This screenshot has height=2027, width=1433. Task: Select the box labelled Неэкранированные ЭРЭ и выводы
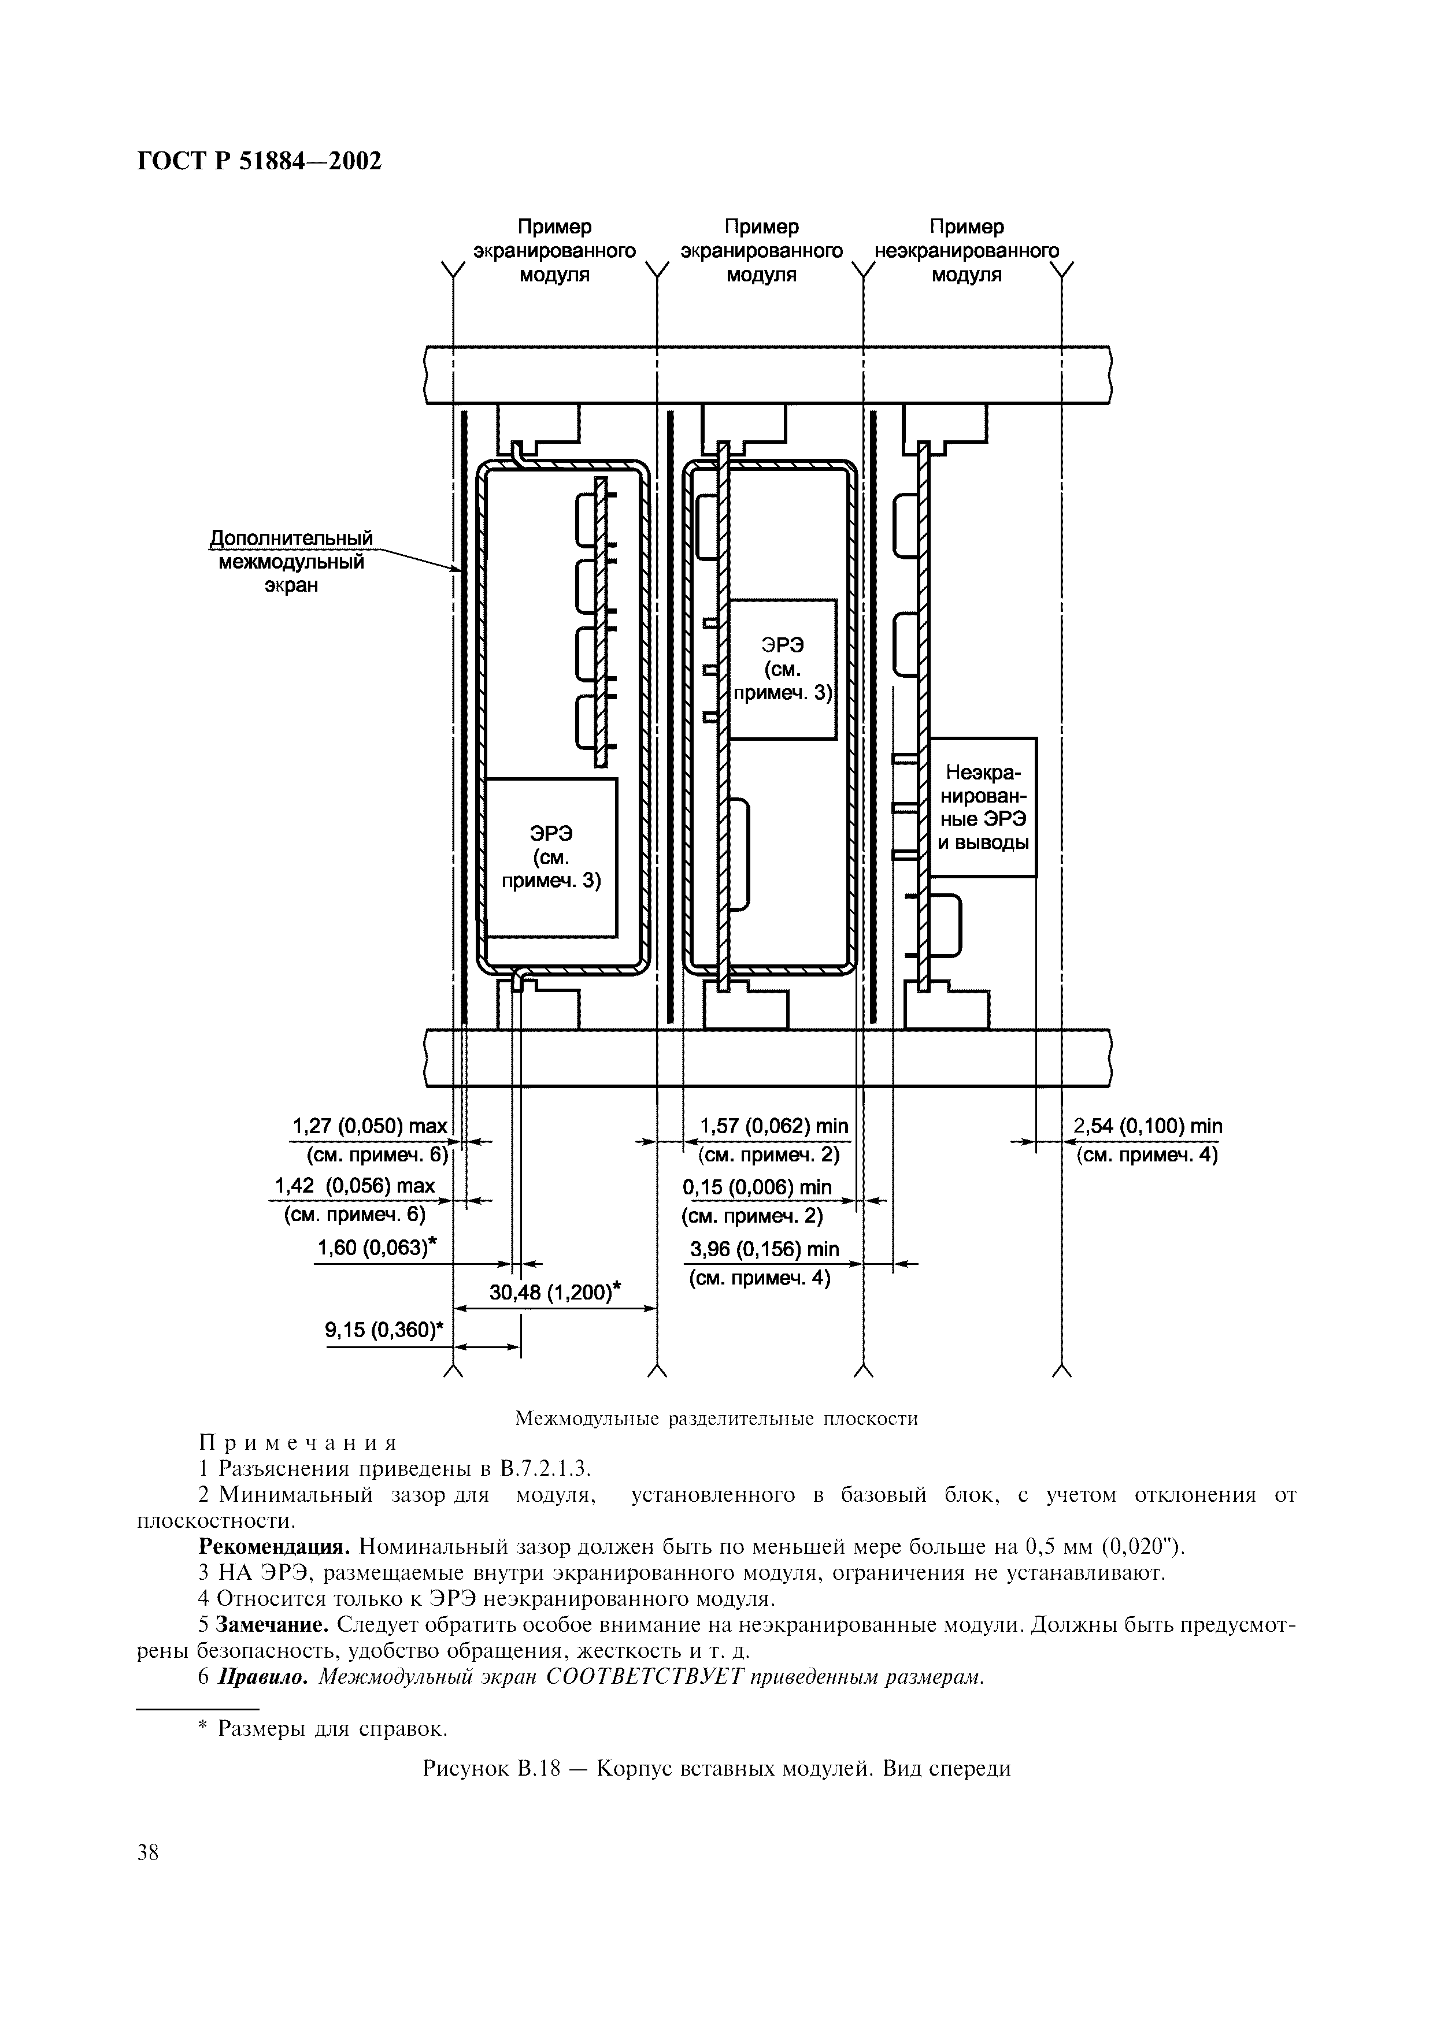pos(983,807)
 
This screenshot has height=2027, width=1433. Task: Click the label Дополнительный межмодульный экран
pos(291,562)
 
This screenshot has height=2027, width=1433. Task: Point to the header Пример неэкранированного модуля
pos(967,251)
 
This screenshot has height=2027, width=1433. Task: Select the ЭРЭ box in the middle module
pos(782,669)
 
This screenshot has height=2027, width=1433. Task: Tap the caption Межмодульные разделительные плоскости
pos(716,1419)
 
